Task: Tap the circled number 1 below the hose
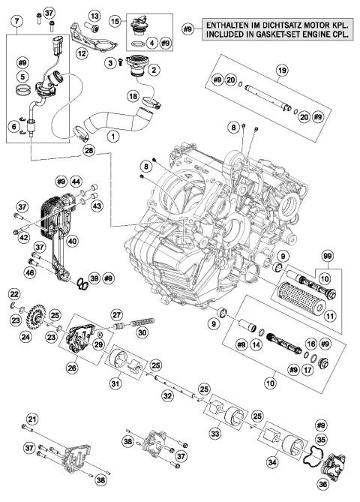pos(113,137)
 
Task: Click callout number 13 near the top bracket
pos(95,16)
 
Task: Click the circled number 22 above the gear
pos(15,293)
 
